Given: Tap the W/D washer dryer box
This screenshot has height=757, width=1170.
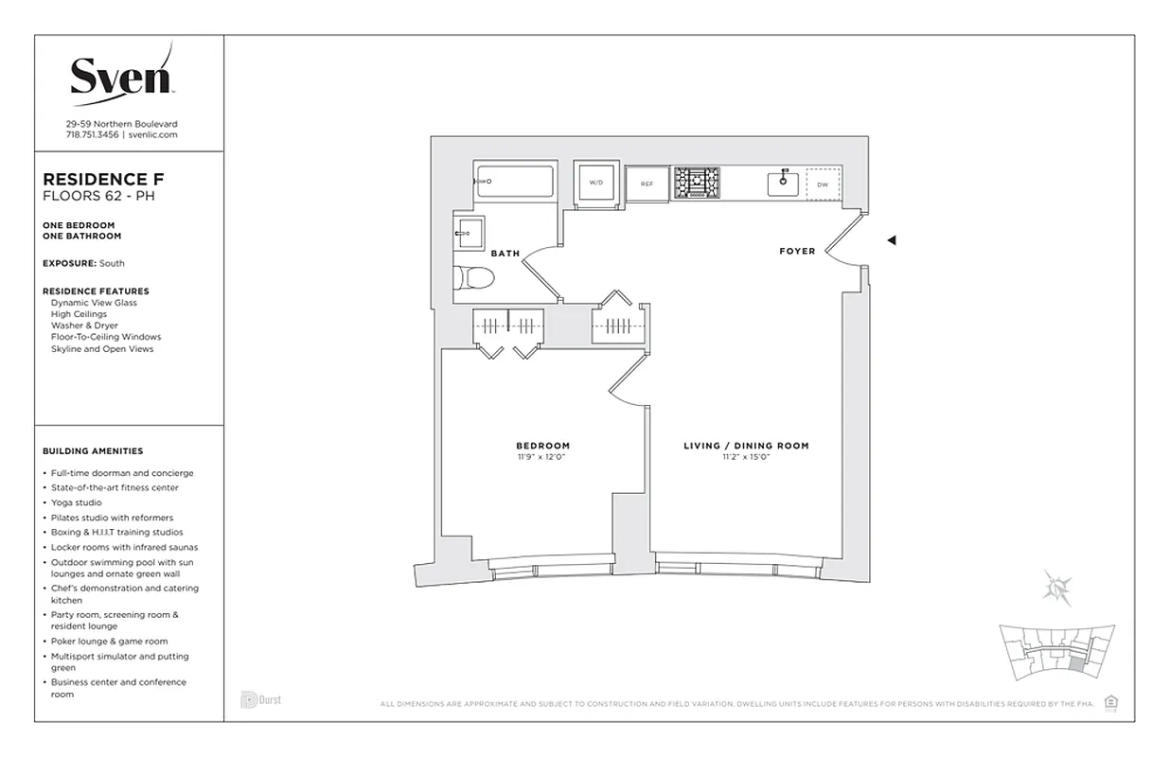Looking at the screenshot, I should click(x=595, y=182).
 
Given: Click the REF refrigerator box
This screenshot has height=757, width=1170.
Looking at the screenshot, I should click(x=647, y=184).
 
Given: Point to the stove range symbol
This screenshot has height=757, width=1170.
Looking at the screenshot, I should click(x=697, y=183).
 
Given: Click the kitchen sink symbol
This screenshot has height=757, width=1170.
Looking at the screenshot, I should click(x=784, y=183).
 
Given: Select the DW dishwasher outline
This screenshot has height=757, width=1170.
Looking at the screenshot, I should click(x=823, y=184).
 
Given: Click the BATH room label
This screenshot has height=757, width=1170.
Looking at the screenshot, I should click(x=505, y=254).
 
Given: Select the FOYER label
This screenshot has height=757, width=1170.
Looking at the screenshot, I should click(x=796, y=252).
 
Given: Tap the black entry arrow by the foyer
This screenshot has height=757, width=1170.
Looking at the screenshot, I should click(x=891, y=240).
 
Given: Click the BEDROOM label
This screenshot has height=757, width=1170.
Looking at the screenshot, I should click(x=542, y=446).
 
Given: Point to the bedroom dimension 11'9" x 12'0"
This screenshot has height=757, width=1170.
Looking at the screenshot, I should click(x=542, y=457).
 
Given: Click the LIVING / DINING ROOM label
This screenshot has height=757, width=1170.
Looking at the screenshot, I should click(x=746, y=446).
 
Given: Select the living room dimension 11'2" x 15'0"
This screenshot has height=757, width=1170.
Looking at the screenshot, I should click(x=746, y=457).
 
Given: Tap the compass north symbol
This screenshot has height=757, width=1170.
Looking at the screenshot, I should click(x=1055, y=586).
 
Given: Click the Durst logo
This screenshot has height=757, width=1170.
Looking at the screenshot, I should click(x=260, y=700).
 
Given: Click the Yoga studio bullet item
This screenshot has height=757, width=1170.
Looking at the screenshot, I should click(x=82, y=502).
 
